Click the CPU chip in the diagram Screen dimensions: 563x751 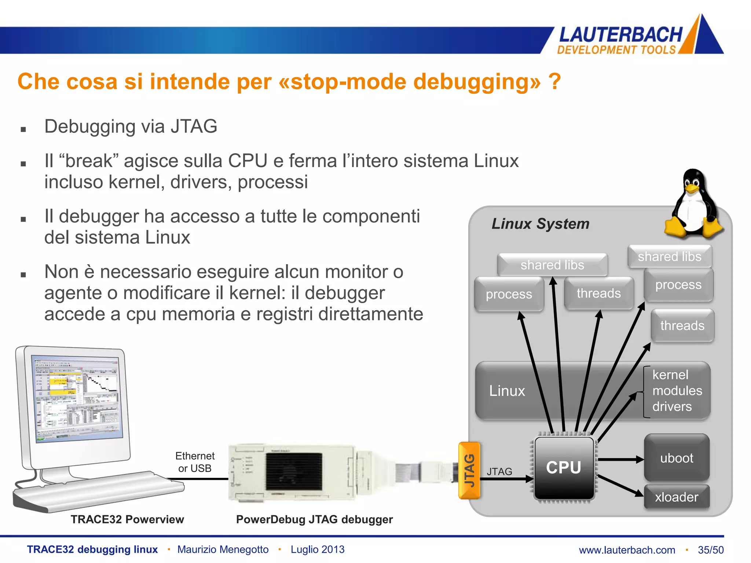564,468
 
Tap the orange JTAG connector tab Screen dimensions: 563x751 469,470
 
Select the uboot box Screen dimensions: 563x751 677,458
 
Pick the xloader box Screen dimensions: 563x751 677,497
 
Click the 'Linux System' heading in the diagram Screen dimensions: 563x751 540,224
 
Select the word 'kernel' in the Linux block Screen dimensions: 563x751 670,375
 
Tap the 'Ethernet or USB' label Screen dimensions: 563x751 195,462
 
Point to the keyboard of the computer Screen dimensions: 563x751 99,491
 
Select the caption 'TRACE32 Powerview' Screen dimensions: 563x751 127,519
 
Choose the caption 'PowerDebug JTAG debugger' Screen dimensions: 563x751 314,519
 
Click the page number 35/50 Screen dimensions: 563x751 711,550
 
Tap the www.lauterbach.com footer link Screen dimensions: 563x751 627,550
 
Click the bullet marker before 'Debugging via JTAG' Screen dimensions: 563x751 23,129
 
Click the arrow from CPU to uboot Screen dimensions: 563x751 620,459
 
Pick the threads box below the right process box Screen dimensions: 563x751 682,325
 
